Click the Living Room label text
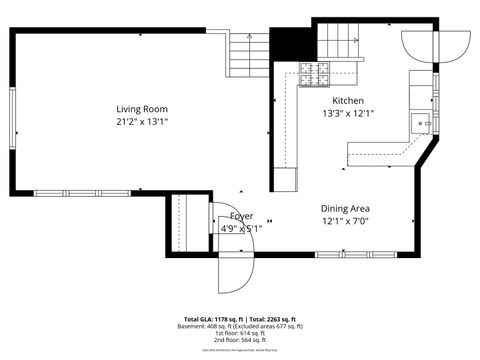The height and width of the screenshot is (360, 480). [141, 109]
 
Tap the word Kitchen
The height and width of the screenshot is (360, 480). [348, 101]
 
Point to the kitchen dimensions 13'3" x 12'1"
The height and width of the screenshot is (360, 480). [348, 115]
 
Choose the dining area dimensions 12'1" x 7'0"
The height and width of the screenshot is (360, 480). [346, 222]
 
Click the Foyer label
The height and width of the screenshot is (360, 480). [241, 216]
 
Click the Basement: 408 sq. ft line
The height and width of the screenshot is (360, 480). [240, 326]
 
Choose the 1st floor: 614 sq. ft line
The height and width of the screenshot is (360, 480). [240, 333]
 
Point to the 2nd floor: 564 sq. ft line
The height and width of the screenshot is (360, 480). [240, 340]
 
